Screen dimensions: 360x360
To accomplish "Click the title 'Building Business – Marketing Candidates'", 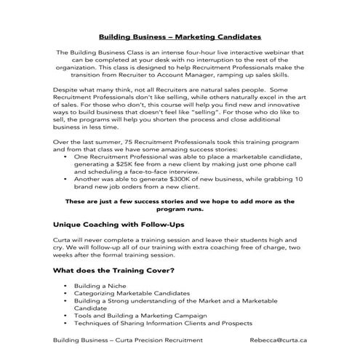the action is (180, 36).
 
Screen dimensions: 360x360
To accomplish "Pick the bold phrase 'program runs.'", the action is (180, 210).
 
